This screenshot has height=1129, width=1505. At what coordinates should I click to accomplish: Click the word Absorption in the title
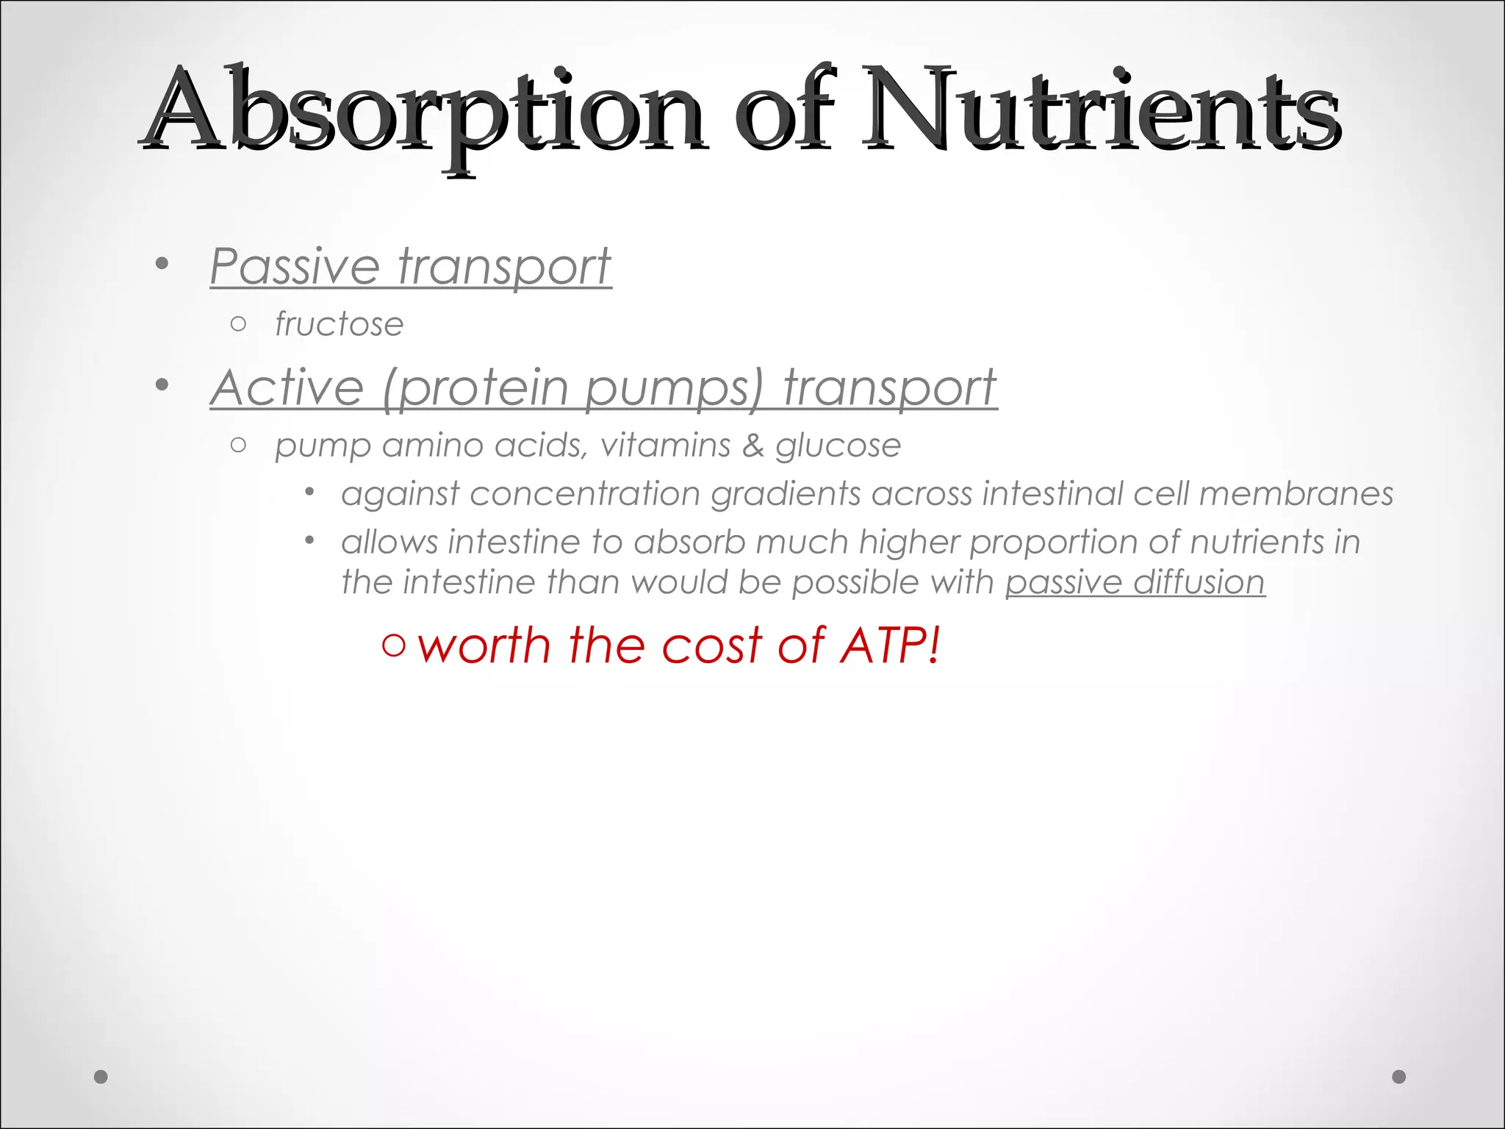point(423,110)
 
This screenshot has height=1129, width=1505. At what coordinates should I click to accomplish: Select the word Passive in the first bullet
point(295,266)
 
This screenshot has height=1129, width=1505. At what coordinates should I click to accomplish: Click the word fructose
point(339,324)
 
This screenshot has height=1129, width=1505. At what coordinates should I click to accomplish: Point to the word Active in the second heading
point(287,387)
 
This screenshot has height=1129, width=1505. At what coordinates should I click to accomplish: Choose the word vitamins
point(665,445)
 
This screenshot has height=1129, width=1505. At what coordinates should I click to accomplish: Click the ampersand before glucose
point(752,445)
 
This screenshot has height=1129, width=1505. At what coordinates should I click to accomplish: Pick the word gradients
point(786,494)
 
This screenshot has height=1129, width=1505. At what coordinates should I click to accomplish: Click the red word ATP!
point(890,645)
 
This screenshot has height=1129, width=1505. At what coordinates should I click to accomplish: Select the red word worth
point(484,645)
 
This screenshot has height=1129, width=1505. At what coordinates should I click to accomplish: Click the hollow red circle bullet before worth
point(394,646)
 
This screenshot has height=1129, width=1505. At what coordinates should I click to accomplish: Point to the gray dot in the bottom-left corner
point(101,1077)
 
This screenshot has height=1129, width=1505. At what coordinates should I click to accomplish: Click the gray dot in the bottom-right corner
point(1399,1077)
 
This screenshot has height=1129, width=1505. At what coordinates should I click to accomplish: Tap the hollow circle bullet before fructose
point(237,324)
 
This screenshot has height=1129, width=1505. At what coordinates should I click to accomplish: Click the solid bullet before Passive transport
point(162,264)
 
